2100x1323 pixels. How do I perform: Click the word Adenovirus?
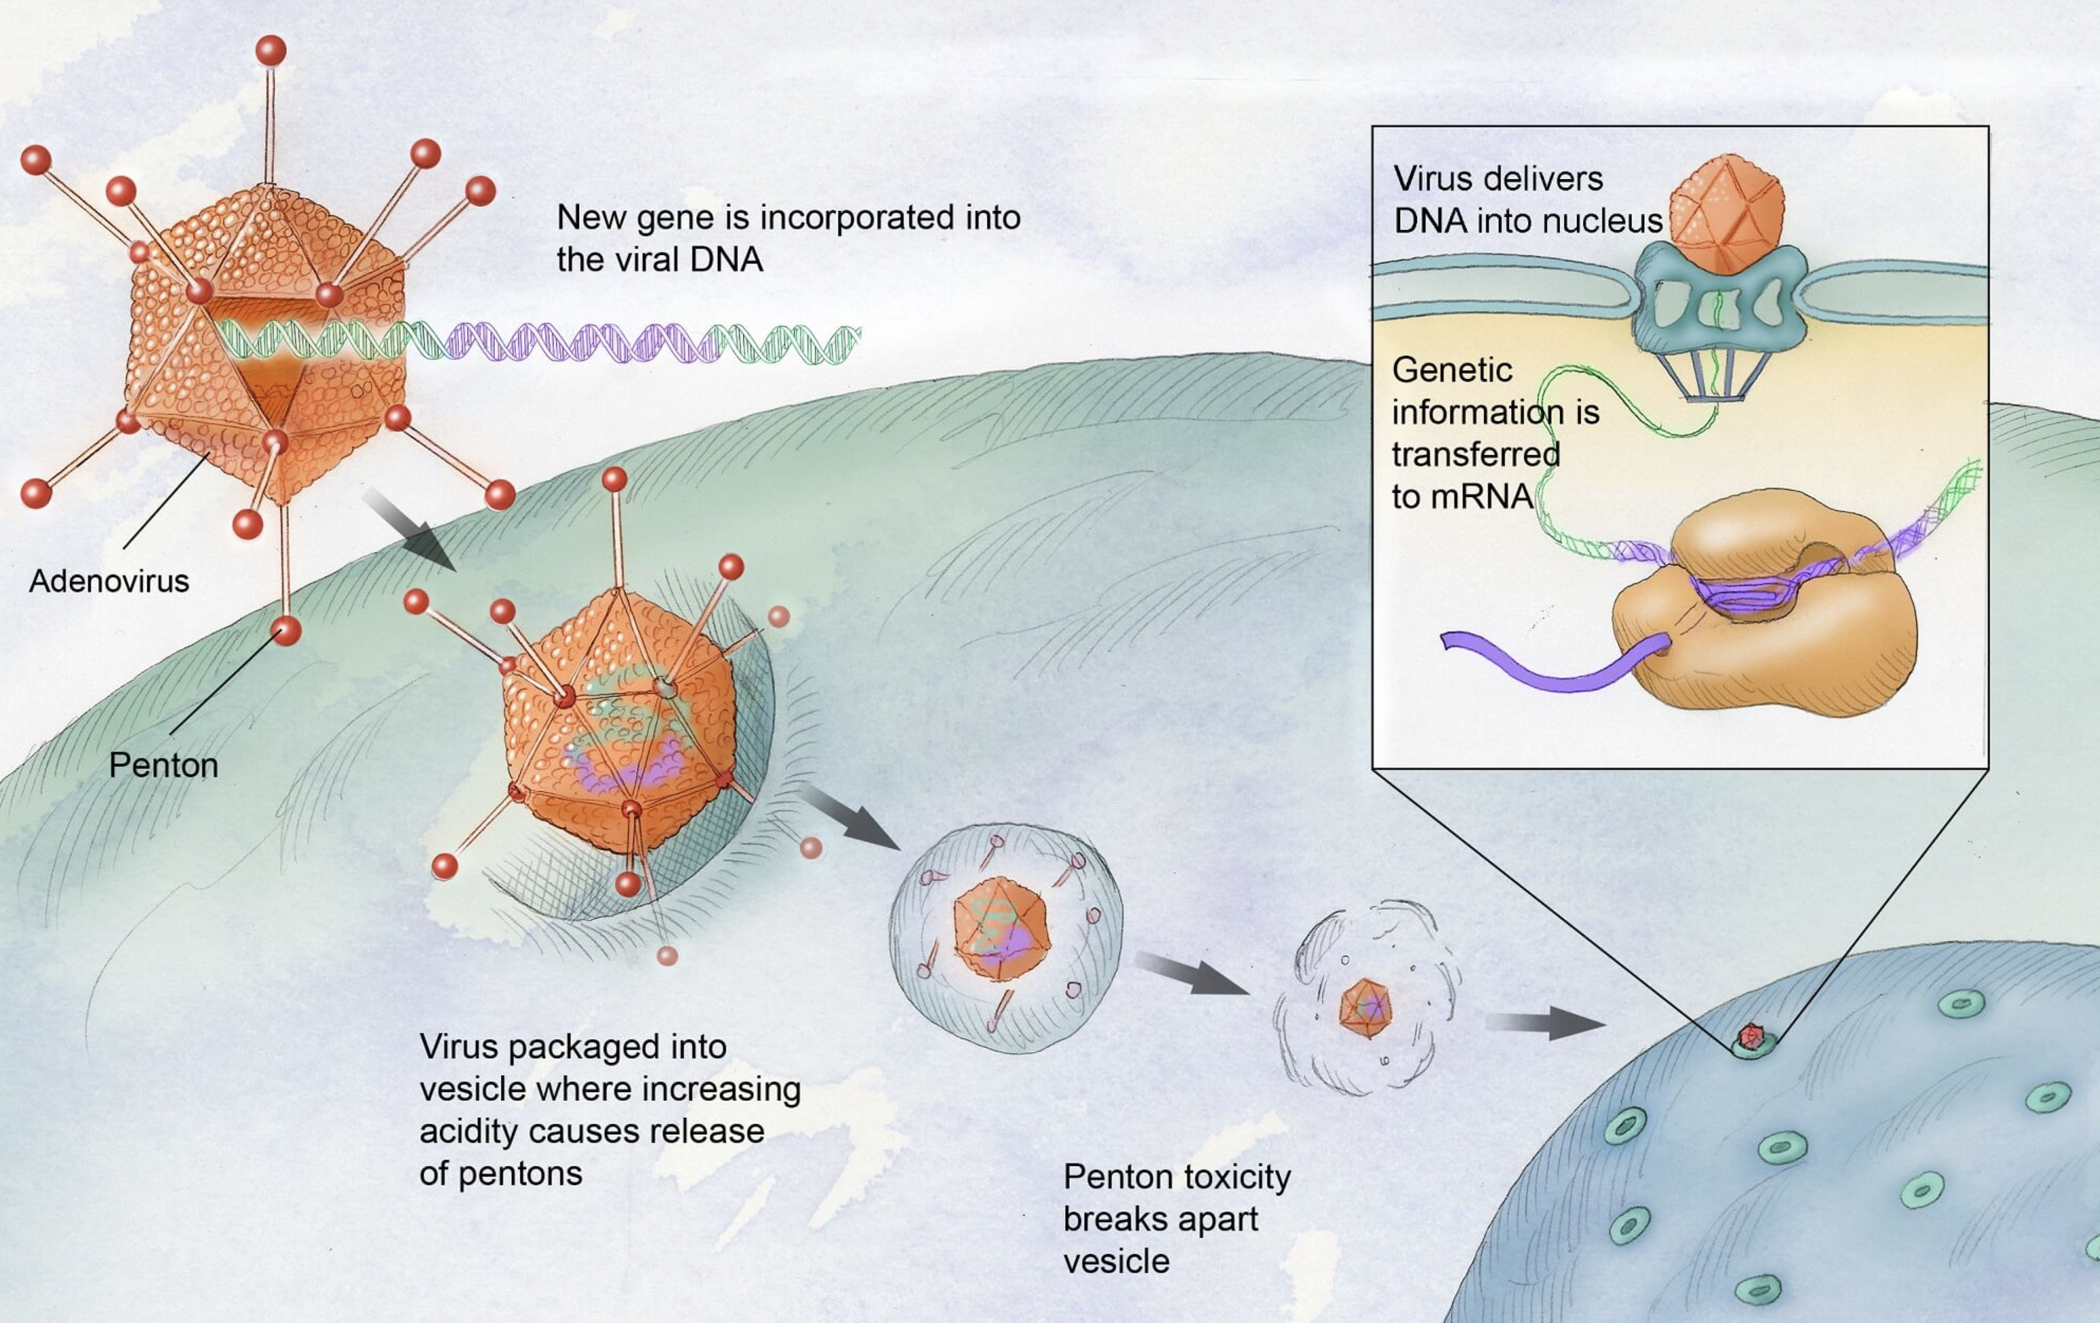point(109,581)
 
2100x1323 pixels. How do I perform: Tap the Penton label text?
point(163,766)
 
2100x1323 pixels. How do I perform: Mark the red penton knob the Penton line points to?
point(286,630)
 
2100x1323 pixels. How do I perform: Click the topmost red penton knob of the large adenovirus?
point(271,50)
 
